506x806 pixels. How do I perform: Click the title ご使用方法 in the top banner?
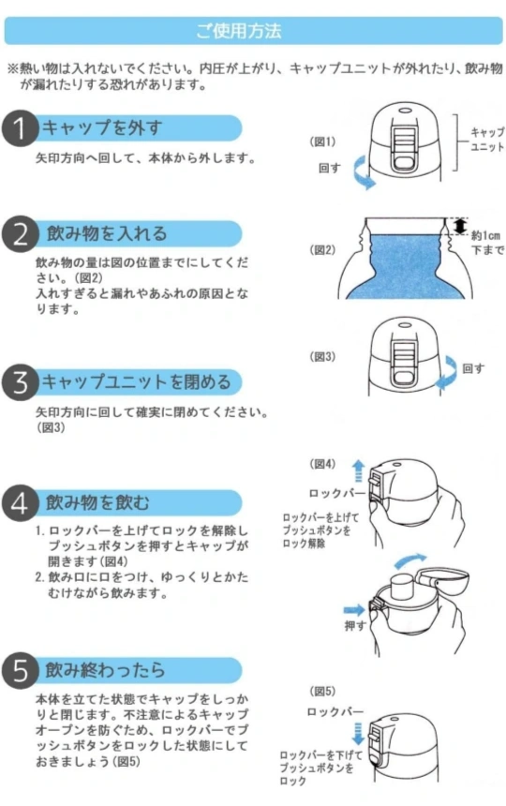239,31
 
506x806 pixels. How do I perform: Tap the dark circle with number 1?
20,128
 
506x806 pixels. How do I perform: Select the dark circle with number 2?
20,234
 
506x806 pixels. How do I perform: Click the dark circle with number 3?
20,382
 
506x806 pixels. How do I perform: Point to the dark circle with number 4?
20,503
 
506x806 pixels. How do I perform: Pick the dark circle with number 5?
20,670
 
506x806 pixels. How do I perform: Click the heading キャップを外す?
102,127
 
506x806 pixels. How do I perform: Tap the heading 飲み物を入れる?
107,233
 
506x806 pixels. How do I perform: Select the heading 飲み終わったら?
105,670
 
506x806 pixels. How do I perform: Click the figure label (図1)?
322,142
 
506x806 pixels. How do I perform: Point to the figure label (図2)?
322,250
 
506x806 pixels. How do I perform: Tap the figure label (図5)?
322,691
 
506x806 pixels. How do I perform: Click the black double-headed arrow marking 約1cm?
461,226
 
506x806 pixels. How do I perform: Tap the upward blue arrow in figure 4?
358,471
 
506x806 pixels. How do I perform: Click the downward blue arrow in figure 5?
358,734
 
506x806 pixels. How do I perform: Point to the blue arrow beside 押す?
354,610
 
